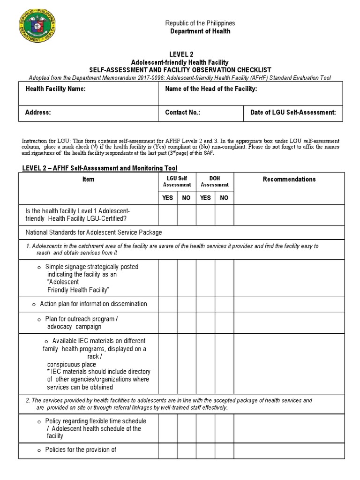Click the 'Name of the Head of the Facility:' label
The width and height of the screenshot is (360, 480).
tap(211, 89)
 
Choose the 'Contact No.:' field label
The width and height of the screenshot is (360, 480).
tap(182, 112)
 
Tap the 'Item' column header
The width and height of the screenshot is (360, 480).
tap(88, 179)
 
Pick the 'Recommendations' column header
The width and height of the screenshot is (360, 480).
tap(289, 179)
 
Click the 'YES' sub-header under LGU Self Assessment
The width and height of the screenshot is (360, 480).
tap(167, 198)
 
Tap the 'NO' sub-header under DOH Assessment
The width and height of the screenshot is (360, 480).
tap(224, 198)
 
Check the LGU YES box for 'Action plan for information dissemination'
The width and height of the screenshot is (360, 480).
tap(167, 304)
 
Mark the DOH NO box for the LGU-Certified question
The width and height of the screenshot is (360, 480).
tap(224, 216)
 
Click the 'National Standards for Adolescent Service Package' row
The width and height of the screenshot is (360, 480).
tap(92, 232)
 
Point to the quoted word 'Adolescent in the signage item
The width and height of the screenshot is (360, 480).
tap(63, 282)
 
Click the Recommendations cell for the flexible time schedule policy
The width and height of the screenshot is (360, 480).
tap(289, 428)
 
